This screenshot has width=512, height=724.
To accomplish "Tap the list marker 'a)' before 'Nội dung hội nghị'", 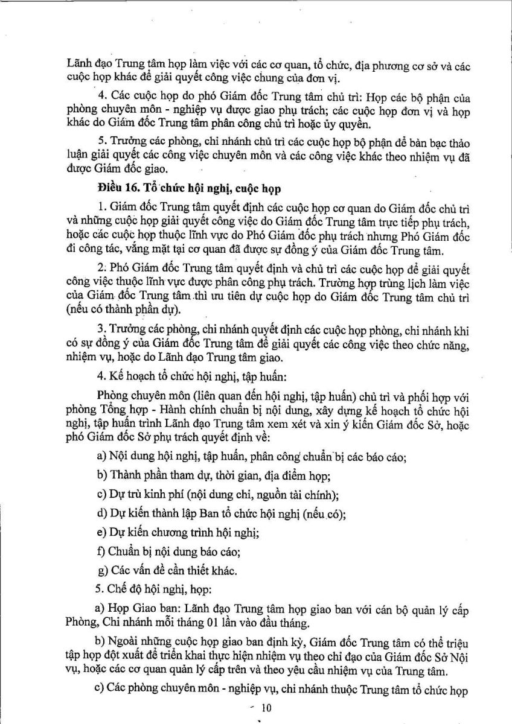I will tap(101, 457).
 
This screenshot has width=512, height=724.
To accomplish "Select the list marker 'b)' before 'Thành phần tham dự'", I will tap(101, 477).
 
